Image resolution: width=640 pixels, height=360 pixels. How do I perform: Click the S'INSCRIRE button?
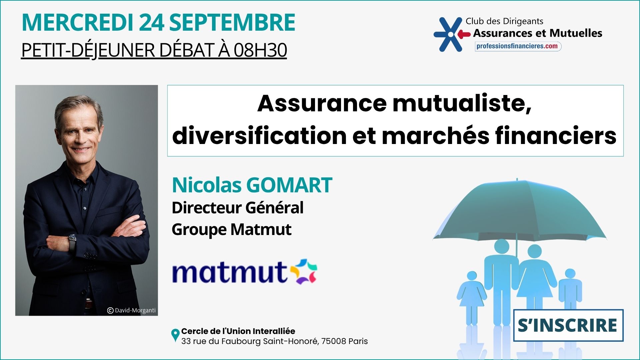(568, 325)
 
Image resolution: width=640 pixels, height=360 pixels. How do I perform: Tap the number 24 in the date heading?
(151, 22)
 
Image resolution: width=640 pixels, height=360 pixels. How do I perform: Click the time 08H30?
(260, 50)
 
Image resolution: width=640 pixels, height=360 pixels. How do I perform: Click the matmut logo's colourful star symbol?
(303, 271)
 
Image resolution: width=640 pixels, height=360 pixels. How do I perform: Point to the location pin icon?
(175, 335)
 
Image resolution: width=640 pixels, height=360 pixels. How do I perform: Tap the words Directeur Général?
(237, 207)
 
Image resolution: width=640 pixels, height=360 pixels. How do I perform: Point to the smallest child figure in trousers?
(570, 293)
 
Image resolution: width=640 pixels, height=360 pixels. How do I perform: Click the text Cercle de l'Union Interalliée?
(238, 331)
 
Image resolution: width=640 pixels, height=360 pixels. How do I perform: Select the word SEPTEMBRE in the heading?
(232, 22)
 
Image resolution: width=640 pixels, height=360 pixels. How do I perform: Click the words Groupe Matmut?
(231, 229)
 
